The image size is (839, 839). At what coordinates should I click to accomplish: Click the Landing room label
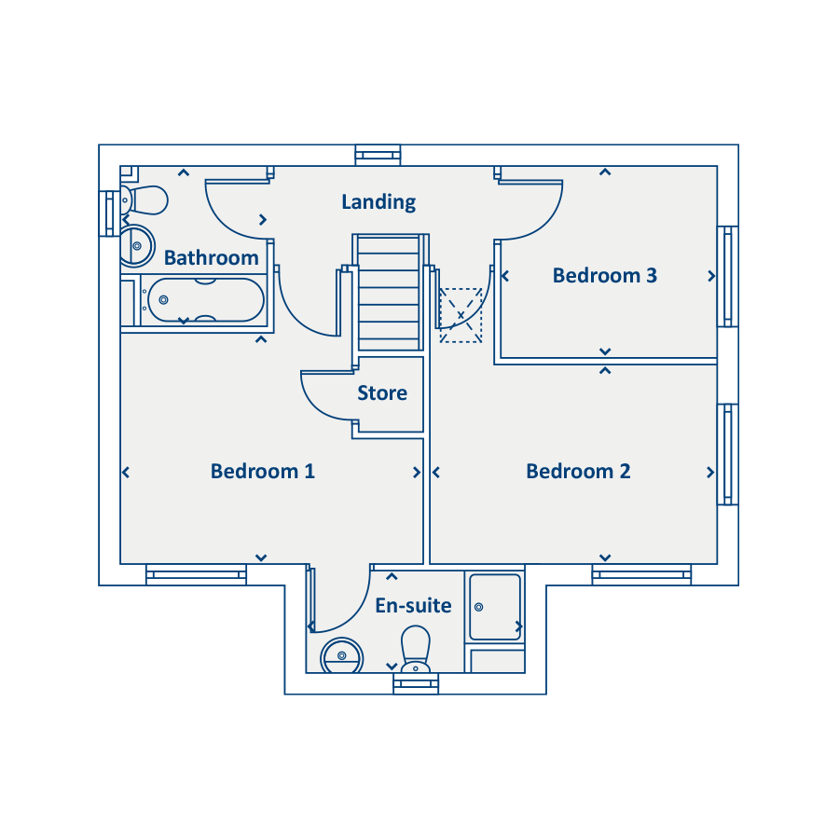pos(378,202)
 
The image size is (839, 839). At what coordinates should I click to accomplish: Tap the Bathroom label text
pos(212,258)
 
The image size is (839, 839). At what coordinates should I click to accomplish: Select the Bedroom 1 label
pos(263,472)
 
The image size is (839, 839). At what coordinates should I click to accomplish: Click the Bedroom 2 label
pos(578,472)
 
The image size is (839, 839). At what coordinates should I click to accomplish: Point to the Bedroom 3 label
pos(605,276)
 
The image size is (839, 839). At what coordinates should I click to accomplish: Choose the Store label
pos(382,393)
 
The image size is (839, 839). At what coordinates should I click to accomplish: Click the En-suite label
pos(413,606)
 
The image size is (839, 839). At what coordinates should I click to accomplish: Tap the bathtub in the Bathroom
pos(206,300)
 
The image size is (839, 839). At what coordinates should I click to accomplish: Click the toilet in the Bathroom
pos(144,200)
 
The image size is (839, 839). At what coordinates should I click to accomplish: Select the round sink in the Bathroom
pos(137,246)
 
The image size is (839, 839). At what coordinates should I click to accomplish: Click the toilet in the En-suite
pos(416,650)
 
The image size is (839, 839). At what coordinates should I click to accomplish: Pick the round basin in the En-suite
pos(342,656)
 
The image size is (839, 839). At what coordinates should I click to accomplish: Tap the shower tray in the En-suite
pos(495,607)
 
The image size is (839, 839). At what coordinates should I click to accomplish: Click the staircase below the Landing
pos(389,293)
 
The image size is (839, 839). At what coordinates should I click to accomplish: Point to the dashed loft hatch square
pos(461,315)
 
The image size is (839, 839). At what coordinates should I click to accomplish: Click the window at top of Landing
pos(378,155)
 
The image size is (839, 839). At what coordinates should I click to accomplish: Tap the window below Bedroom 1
pos(197,574)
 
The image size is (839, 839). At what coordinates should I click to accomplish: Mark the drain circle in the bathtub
pos(164,299)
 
